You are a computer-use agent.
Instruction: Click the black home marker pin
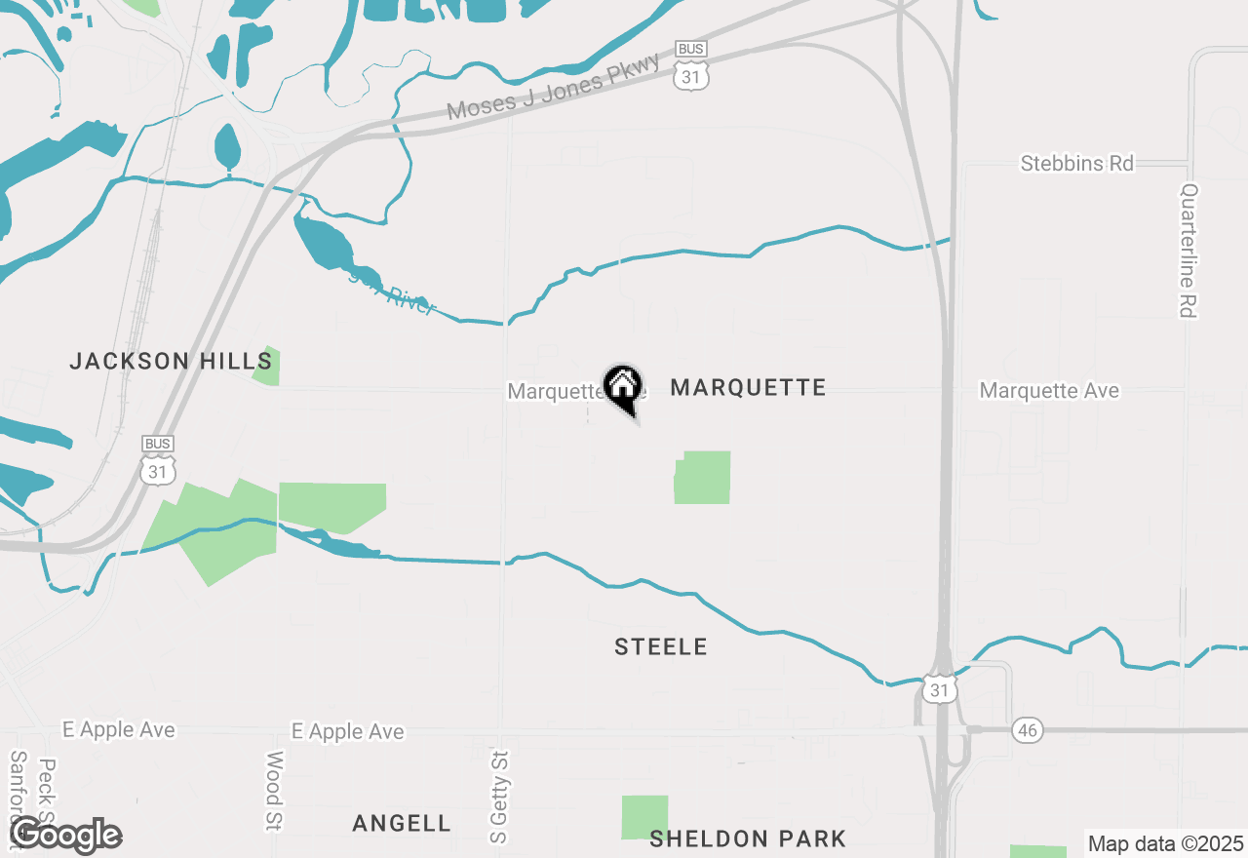tap(622, 387)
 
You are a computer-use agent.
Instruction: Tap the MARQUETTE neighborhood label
tap(748, 388)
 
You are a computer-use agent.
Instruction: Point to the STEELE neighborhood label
tap(661, 646)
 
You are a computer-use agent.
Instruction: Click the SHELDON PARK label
tap(748, 838)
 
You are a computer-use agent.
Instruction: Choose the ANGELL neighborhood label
tap(402, 824)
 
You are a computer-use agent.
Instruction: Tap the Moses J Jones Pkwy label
tap(553, 88)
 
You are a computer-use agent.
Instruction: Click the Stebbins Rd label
tap(1076, 164)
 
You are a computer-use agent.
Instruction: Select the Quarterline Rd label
tap(1187, 251)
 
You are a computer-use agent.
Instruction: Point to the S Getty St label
tap(499, 797)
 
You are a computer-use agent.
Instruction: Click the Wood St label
tap(274, 791)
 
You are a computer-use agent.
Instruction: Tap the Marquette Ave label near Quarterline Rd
tap(1049, 391)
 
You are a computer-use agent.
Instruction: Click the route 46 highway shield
tap(1028, 730)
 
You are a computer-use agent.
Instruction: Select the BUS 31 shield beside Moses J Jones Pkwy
tap(690, 66)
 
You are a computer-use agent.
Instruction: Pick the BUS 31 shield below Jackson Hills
tap(158, 461)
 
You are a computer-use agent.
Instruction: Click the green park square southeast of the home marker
tap(703, 478)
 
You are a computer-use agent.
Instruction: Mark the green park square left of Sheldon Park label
tap(645, 817)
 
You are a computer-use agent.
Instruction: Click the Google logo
tap(65, 836)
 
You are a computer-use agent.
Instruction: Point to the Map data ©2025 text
tap(1165, 843)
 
